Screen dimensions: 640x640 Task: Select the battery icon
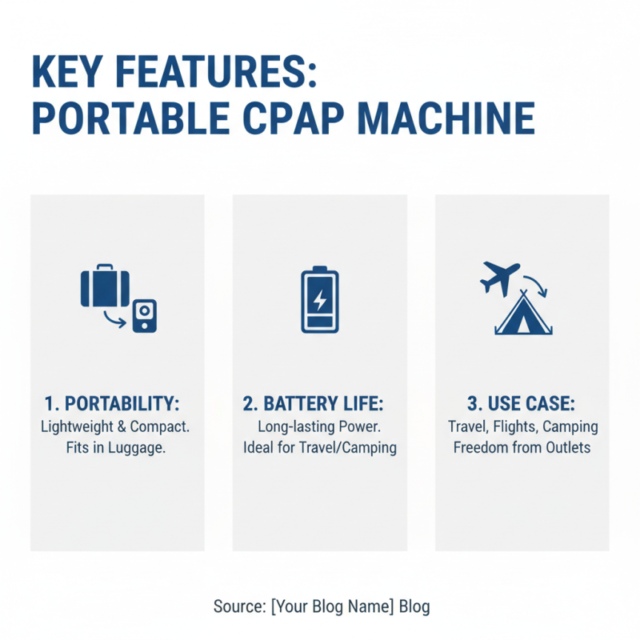(319, 301)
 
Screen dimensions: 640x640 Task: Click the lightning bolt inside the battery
(319, 300)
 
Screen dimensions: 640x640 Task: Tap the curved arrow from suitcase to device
(115, 321)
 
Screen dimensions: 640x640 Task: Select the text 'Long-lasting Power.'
(319, 426)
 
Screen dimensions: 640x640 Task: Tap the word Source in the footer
(238, 606)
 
